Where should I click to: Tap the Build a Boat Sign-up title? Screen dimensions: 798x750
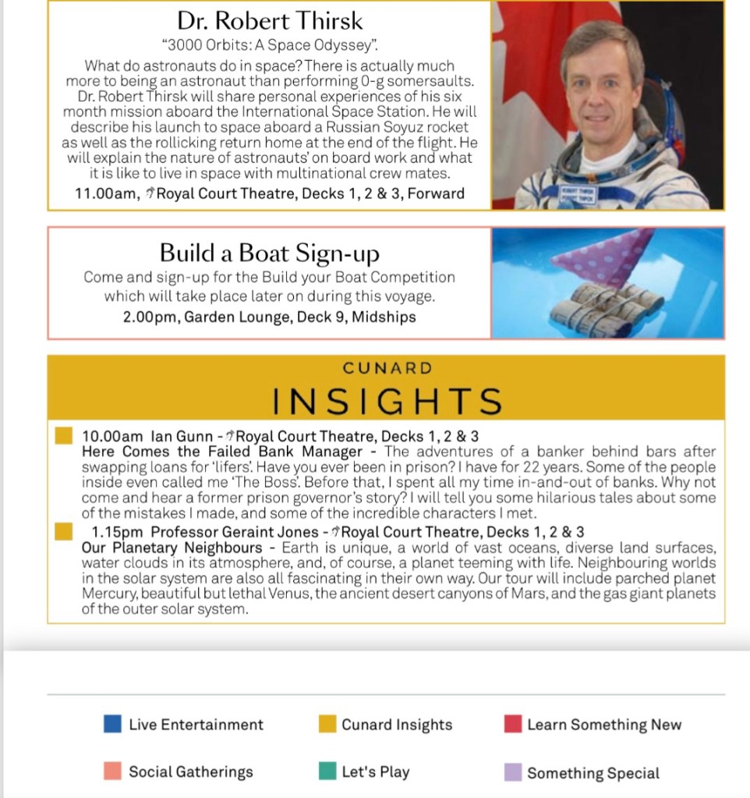pyautogui.click(x=270, y=253)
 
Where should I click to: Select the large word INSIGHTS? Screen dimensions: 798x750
pyautogui.click(x=387, y=401)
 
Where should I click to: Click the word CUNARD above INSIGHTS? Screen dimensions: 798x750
pyautogui.click(x=387, y=367)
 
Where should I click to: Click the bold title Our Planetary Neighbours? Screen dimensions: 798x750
pyautogui.click(x=172, y=548)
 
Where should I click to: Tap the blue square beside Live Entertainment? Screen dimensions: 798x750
pyautogui.click(x=112, y=725)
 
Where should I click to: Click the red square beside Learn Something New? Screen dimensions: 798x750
pyautogui.click(x=513, y=725)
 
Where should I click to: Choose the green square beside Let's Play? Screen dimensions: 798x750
pyautogui.click(x=327, y=771)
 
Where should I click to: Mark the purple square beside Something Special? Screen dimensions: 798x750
pyautogui.click(x=513, y=772)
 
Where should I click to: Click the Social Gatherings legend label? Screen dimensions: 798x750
pyautogui.click(x=191, y=771)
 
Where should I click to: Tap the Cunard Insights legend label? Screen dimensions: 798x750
pyautogui.click(x=397, y=725)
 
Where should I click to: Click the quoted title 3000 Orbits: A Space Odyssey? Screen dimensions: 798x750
pyautogui.click(x=269, y=46)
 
